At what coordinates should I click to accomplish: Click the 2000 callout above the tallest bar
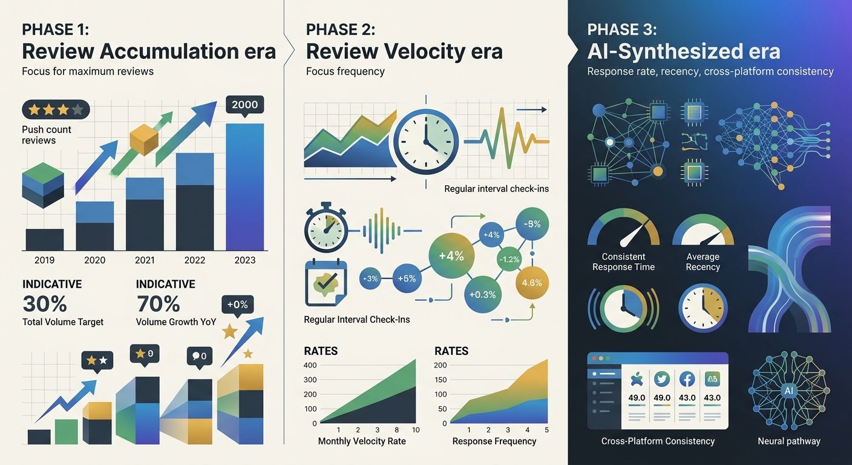pyautogui.click(x=244, y=105)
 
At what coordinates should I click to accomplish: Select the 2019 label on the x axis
pyautogui.click(x=44, y=260)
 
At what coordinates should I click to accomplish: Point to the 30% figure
pyautogui.click(x=44, y=303)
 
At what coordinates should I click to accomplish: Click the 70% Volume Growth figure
pyautogui.click(x=158, y=303)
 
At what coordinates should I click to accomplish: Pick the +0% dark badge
pyautogui.click(x=238, y=304)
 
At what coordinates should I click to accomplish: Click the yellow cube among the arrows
pyautogui.click(x=144, y=141)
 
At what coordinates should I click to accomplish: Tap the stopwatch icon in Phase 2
pyautogui.click(x=326, y=231)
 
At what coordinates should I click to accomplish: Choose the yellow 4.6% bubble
pyautogui.click(x=531, y=283)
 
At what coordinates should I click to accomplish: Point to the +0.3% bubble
pyautogui.click(x=482, y=295)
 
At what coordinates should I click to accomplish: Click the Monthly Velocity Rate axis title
pyautogui.click(x=362, y=441)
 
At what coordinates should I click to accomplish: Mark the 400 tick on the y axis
pyautogui.click(x=310, y=365)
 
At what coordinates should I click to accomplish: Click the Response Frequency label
pyautogui.click(x=494, y=441)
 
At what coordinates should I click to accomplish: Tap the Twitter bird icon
pyautogui.click(x=662, y=379)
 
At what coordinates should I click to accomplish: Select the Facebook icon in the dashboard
pyautogui.click(x=687, y=379)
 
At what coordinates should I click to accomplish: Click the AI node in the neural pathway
pyautogui.click(x=788, y=391)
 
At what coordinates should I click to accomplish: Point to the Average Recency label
pyautogui.click(x=703, y=262)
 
